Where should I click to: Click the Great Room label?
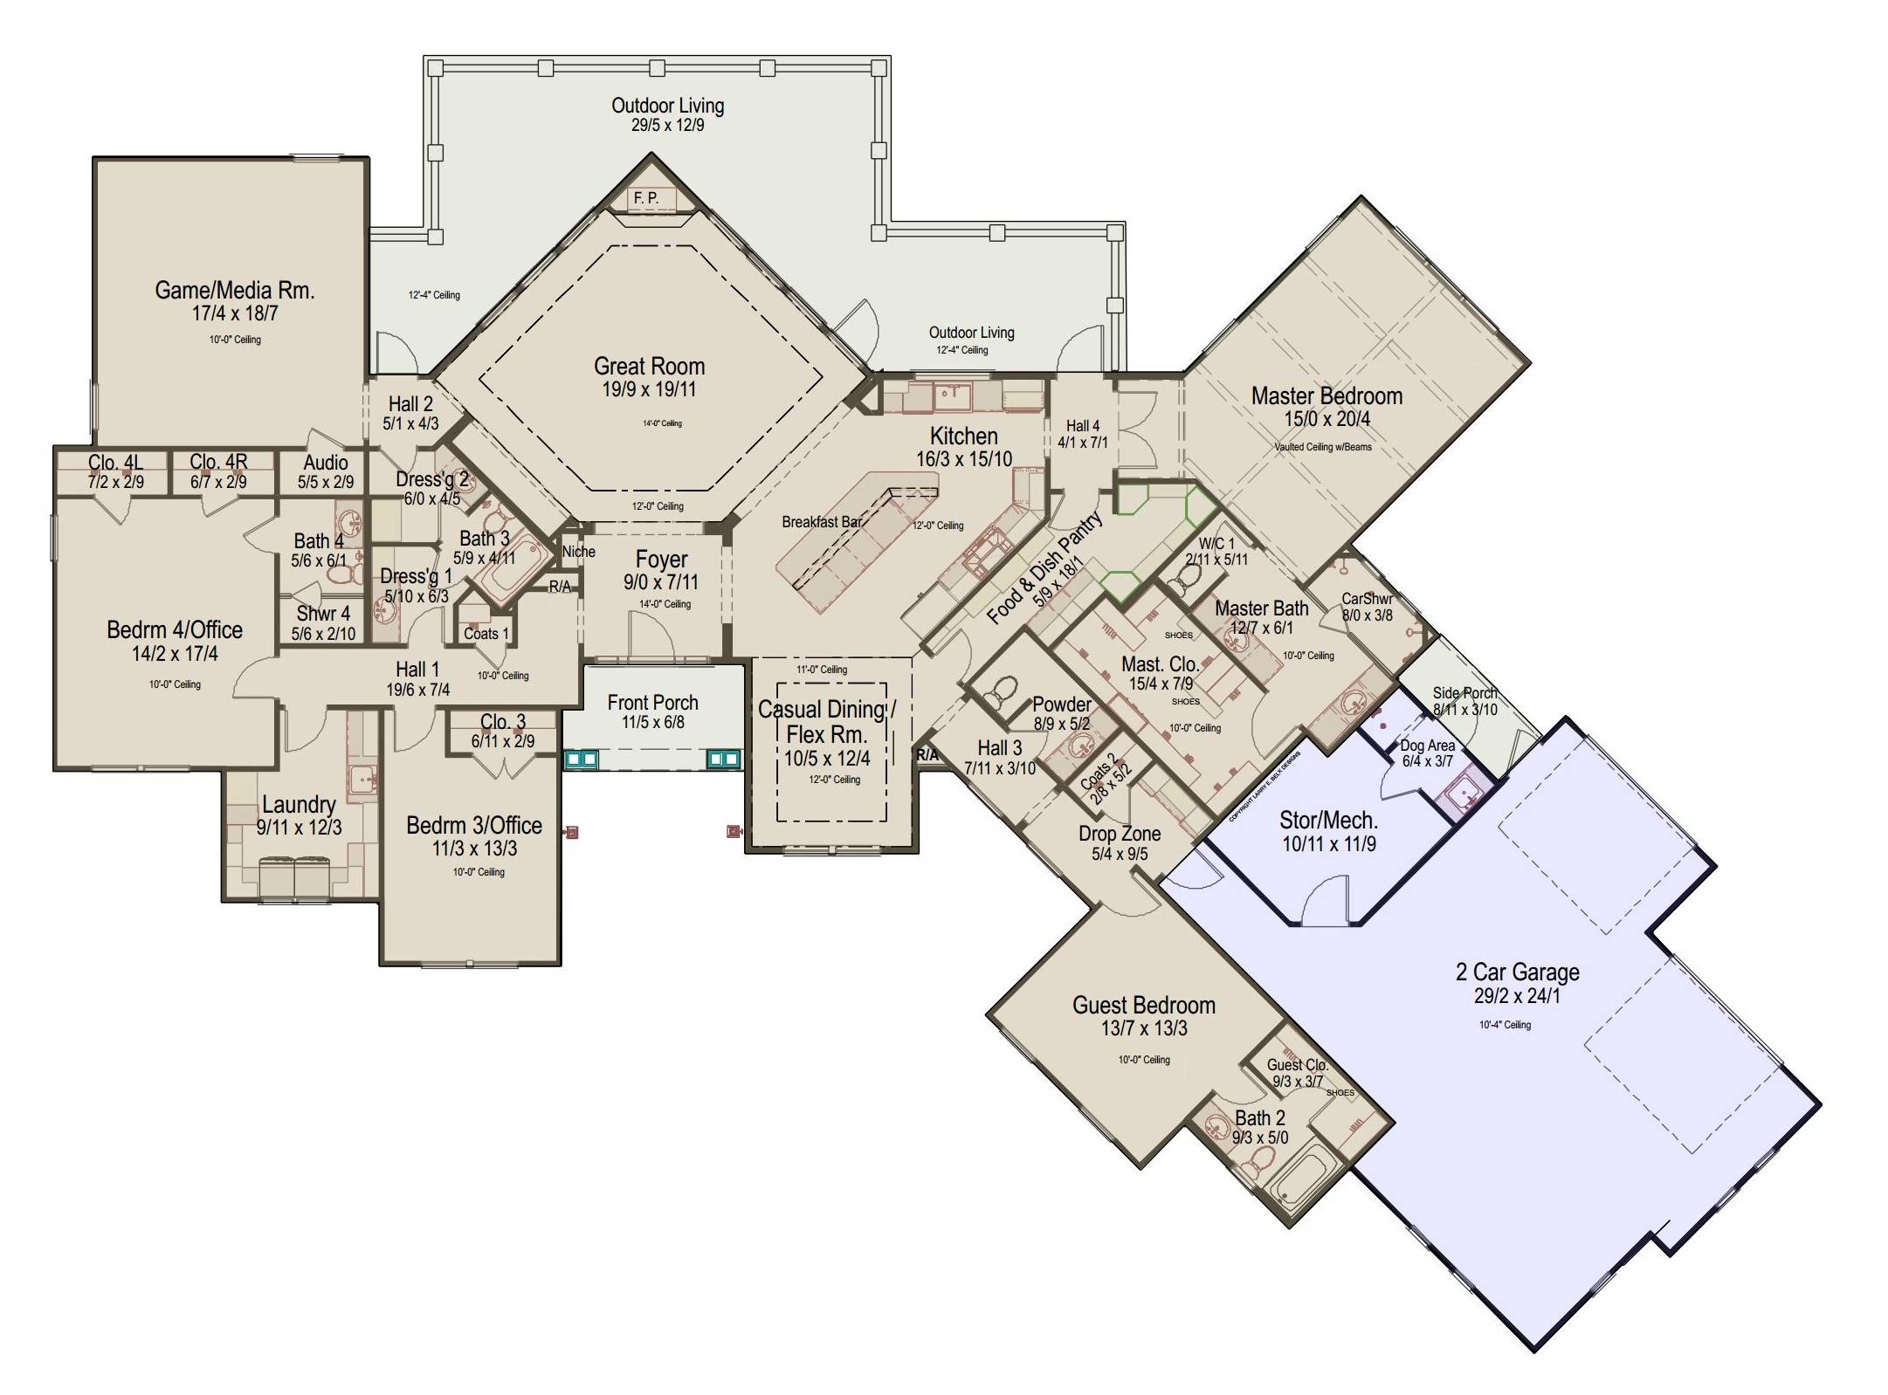[649, 366]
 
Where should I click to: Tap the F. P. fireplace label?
[646, 198]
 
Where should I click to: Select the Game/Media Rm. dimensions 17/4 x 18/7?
[235, 313]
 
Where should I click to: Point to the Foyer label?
[661, 559]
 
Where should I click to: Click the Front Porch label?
[652, 702]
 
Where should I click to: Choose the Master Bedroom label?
[1326, 395]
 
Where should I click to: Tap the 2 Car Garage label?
[1518, 972]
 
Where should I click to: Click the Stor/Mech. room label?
[1328, 820]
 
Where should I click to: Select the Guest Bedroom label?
[1143, 1005]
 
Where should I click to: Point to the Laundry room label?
[299, 804]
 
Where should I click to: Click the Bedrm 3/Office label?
[474, 825]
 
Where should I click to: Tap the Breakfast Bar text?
[821, 521]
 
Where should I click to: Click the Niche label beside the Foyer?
[578, 551]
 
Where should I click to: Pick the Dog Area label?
[1427, 746]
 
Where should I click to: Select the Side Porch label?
[1464, 693]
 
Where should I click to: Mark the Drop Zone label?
[1120, 833]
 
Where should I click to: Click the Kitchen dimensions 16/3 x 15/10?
[964, 458]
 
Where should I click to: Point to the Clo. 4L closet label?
[115, 462]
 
